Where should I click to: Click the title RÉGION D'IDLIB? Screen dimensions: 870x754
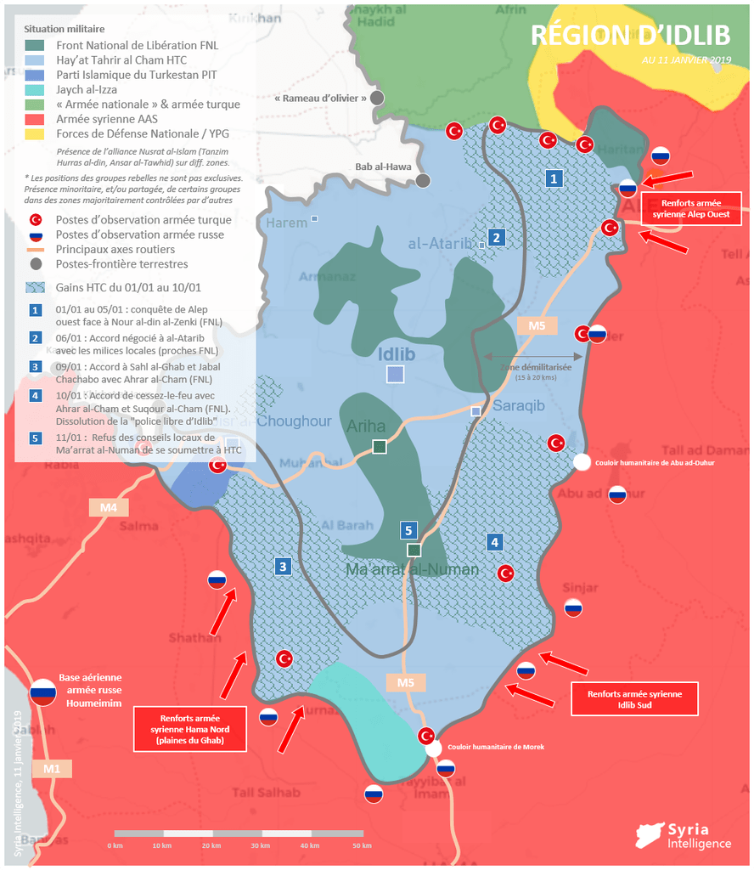point(631,34)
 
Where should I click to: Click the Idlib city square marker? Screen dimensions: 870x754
point(395,374)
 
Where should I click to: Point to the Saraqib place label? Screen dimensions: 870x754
point(518,406)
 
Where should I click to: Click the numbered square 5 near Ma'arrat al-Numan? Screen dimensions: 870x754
point(408,530)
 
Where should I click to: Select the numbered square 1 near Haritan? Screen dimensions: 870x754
point(554,178)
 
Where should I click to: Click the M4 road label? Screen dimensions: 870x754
point(109,508)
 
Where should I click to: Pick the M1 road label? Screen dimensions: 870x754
point(53,769)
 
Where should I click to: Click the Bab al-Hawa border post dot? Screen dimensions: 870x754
point(423,180)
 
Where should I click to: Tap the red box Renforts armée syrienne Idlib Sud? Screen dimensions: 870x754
point(634,699)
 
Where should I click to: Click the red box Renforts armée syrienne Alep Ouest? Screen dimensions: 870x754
point(690,209)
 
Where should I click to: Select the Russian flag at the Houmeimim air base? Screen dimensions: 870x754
point(42,692)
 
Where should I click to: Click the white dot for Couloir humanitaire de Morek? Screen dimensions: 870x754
point(433,749)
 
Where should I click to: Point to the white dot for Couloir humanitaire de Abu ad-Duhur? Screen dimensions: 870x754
point(582,462)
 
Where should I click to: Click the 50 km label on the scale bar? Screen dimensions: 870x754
point(362,845)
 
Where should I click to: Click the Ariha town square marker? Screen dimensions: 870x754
point(380,447)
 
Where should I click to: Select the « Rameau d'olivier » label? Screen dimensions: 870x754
point(321,99)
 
